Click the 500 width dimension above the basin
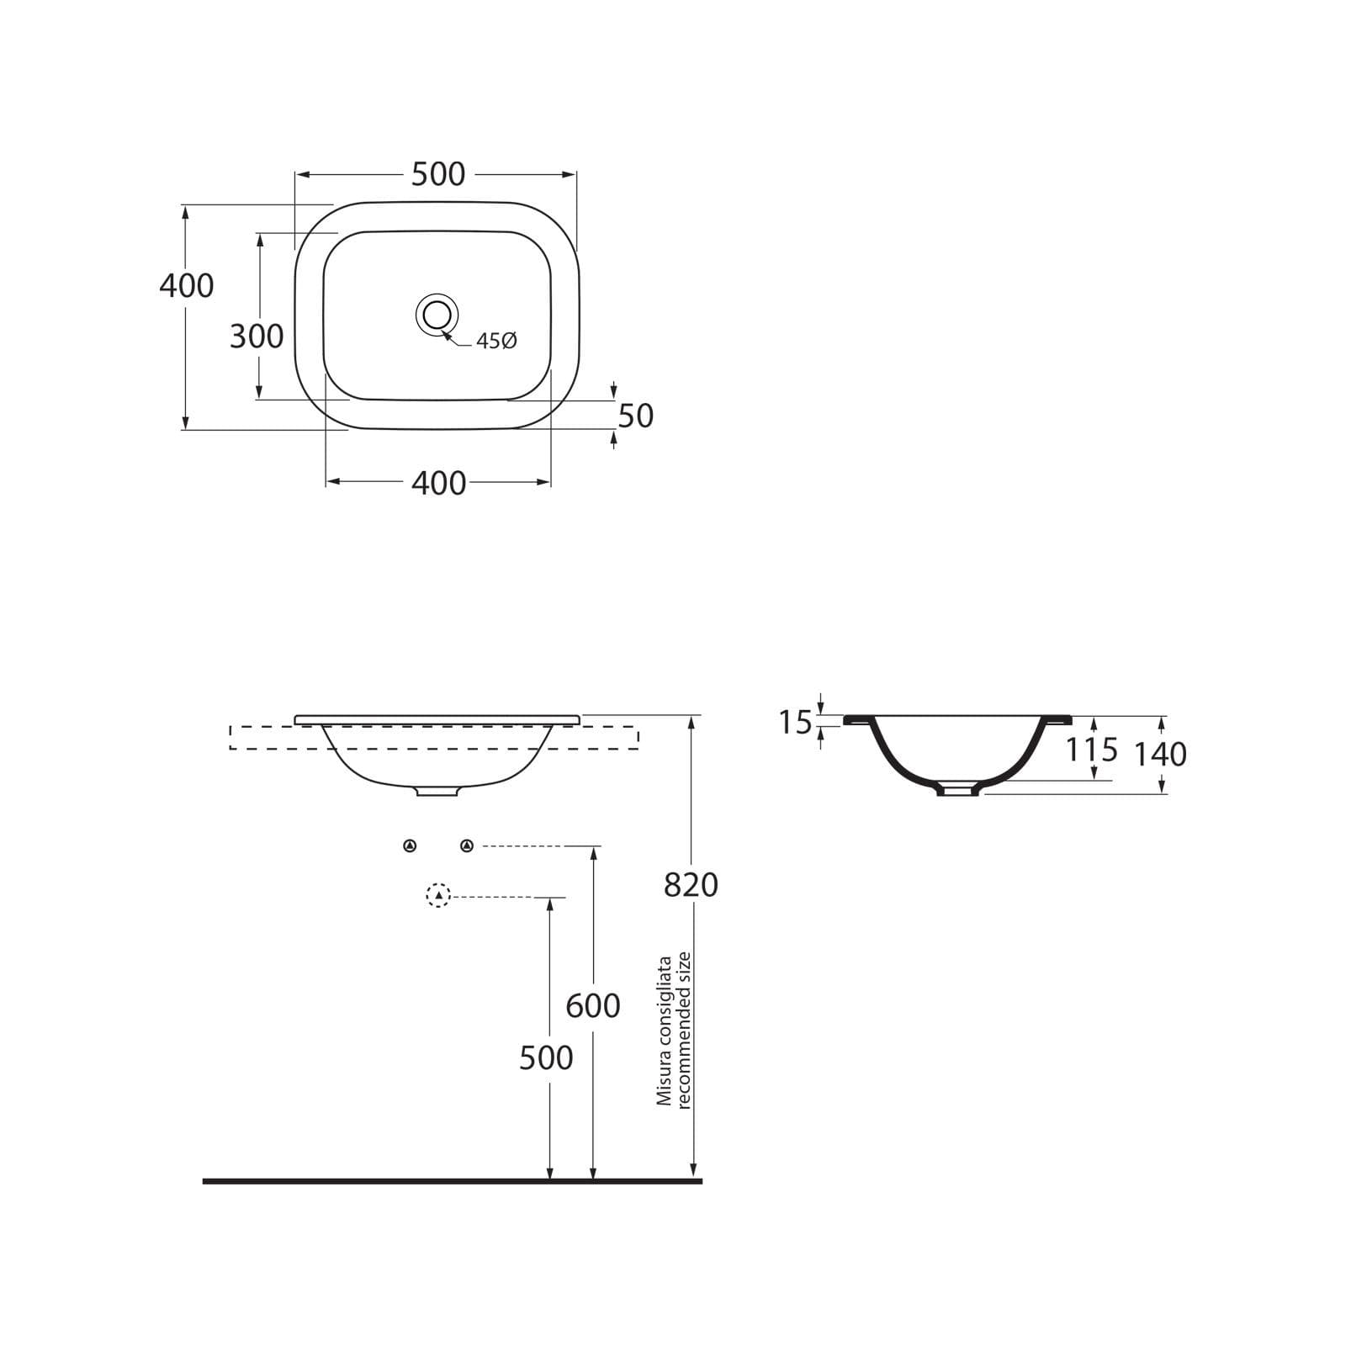[x=437, y=174]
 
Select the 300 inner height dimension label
[x=257, y=336]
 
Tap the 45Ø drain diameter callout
[x=496, y=341]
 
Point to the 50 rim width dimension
[x=636, y=416]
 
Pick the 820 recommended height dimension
[x=691, y=885]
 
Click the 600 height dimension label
[x=593, y=1005]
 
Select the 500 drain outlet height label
[x=546, y=1057]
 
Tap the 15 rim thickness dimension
[x=795, y=723]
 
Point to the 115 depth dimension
[x=1092, y=749]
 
